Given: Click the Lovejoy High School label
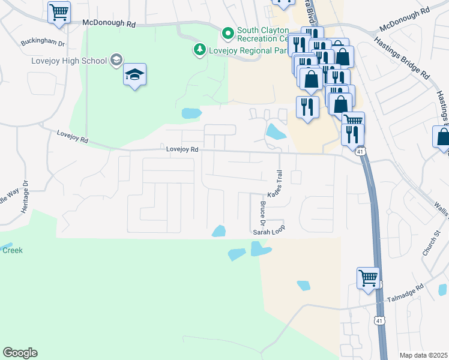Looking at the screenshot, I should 70,61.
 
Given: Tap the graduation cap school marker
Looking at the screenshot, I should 135,75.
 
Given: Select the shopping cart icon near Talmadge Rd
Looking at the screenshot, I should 368,278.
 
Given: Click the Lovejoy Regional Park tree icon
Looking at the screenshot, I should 199,50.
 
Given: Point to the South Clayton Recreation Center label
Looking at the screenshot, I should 262,35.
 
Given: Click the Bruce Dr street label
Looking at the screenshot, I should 263,214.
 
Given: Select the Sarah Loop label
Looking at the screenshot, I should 268,229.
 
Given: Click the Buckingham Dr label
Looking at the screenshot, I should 42,43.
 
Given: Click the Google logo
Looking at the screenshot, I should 20,353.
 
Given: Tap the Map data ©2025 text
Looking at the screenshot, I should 423,355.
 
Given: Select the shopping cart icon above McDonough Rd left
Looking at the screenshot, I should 59,12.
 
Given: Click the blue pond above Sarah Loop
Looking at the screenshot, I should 219,231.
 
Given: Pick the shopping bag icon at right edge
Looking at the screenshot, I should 442,137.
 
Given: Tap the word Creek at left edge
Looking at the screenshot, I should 12,250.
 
